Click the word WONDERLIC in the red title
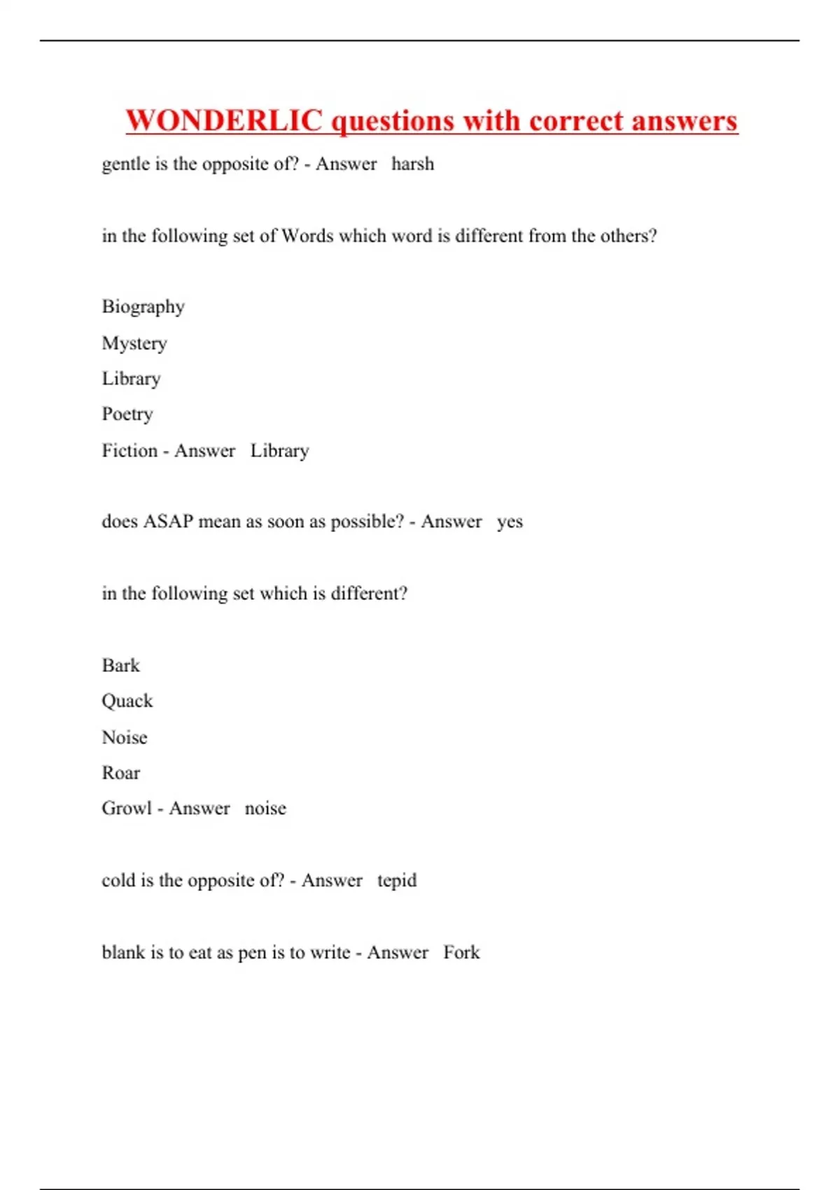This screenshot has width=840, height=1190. [224, 120]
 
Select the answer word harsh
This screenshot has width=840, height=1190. [412, 164]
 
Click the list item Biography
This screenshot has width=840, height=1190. [143, 307]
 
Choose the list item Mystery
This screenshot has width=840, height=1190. [134, 344]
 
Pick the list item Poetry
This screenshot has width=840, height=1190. [127, 414]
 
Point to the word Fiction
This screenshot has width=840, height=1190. [129, 450]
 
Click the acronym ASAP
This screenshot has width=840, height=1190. [168, 521]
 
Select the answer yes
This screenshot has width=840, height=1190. [510, 522]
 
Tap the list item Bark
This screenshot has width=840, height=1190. [120, 665]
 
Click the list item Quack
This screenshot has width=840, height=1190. [127, 701]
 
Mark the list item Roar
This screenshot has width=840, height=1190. [120, 773]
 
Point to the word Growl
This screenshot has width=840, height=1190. [127, 808]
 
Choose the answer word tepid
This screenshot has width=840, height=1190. [396, 881]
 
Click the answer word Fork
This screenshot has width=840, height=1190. [461, 952]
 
